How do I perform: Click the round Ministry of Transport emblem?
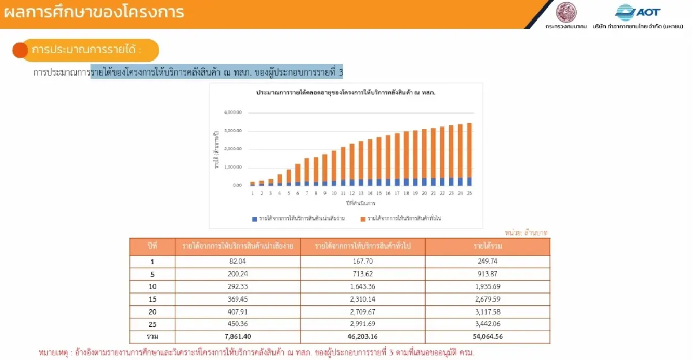[566, 12]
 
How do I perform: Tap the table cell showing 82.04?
[237, 261]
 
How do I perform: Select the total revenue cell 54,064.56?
[488, 336]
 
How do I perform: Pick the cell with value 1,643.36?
[363, 286]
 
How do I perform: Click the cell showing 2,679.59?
[488, 299]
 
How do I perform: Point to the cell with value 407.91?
[237, 312]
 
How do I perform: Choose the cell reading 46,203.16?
[363, 336]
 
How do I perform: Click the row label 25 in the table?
[152, 324]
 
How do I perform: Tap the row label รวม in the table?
[152, 336]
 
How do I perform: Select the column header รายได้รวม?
[488, 246]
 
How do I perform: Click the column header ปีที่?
[152, 246]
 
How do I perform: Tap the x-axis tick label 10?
[334, 193]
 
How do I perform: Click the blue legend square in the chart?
[254, 219]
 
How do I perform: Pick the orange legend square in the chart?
[362, 219]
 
